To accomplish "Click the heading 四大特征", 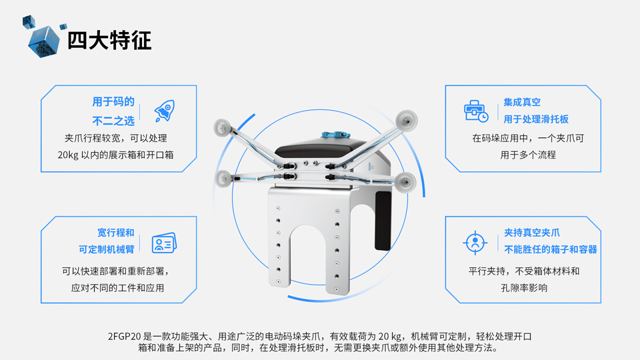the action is tap(109, 41).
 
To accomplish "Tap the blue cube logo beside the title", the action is tap(43, 41).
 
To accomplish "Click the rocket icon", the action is tap(165, 111).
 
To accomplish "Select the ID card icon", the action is tap(164, 243).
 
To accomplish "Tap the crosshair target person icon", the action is tap(475, 243).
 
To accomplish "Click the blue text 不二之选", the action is tap(113, 121).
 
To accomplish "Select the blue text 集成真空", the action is tap(521, 102).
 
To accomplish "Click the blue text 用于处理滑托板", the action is tap(536, 119).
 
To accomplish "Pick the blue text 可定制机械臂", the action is tap(106, 249).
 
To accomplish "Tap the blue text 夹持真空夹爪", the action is tap(532, 233).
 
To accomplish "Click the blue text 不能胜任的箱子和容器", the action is tap(550, 249).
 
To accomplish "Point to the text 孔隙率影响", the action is tap(524, 288).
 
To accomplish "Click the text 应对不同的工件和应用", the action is tap(117, 288).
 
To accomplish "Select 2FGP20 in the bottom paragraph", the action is tap(124, 336).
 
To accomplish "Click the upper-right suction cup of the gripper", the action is tap(407, 120).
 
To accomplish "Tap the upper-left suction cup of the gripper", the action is tap(223, 127).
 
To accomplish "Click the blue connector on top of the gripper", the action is tap(335, 134).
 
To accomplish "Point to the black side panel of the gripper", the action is tap(383, 221).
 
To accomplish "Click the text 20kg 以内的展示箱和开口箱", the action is tap(115, 155).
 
